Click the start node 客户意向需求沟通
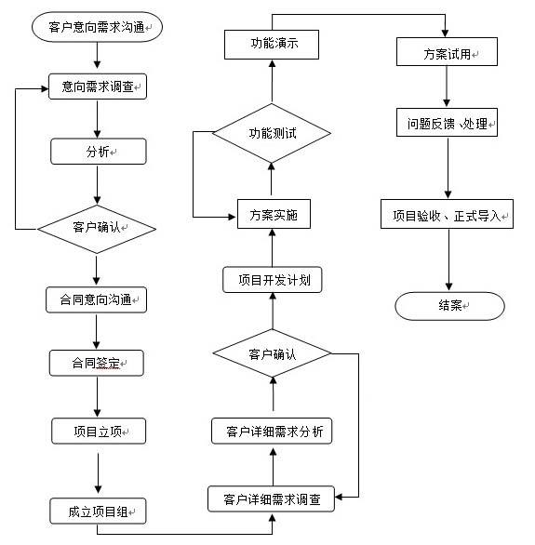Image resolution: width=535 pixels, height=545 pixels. point(97,28)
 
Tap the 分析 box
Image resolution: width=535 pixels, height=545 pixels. point(98,152)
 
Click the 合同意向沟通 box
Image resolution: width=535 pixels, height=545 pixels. point(97,299)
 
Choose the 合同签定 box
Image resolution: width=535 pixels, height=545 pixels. point(97,363)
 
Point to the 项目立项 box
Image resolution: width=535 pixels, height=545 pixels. point(97,432)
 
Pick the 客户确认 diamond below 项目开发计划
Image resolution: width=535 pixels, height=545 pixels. point(273,354)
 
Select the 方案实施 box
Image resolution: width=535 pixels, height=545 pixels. point(273,214)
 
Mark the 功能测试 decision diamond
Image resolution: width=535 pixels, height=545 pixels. point(273,133)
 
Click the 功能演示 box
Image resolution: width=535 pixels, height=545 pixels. point(273,43)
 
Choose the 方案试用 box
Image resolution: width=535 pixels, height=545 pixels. point(447,54)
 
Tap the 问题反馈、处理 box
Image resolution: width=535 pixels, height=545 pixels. point(448,122)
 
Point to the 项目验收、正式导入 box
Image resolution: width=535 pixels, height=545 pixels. point(447,215)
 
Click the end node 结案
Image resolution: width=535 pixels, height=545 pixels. point(449,305)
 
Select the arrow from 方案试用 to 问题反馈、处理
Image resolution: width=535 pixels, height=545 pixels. point(448,87)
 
